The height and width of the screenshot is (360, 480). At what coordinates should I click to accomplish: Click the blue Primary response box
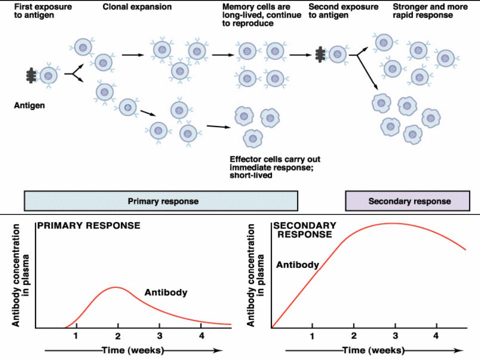coord(160,201)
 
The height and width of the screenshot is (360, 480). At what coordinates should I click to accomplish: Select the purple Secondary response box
coord(407,201)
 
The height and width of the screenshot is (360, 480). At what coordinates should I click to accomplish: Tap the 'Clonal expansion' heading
coord(137,7)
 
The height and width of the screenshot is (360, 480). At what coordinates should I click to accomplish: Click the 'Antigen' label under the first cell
coord(29,105)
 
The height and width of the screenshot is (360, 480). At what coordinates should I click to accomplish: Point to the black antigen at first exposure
coord(30,75)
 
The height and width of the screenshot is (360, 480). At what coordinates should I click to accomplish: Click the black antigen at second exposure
coord(320,54)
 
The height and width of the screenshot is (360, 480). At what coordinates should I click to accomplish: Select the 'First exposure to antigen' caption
coord(43,11)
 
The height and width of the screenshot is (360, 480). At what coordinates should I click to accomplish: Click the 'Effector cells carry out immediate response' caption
coord(275,167)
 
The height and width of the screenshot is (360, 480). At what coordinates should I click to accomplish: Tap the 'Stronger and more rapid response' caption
coord(430,11)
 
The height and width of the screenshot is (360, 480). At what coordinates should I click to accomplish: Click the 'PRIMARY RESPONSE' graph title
coord(89,225)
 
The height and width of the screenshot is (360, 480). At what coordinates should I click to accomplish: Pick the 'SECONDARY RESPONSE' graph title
coord(305,230)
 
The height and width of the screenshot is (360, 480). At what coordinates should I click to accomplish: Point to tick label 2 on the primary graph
coord(118,336)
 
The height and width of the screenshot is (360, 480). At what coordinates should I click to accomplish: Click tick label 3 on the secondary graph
coord(395,336)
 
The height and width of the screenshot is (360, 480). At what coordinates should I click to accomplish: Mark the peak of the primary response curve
coord(115,287)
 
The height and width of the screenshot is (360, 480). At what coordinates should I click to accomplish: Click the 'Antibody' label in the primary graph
coord(166,292)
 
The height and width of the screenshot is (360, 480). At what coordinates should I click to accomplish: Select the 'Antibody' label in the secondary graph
coord(297,265)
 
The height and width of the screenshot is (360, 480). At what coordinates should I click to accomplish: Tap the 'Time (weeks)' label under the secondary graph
coord(373,350)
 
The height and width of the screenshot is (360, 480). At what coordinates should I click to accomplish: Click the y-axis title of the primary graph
coord(21,275)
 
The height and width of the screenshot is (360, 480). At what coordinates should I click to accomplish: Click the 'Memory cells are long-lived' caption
coord(261,15)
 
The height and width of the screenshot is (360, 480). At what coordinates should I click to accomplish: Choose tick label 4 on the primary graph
coord(201,336)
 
